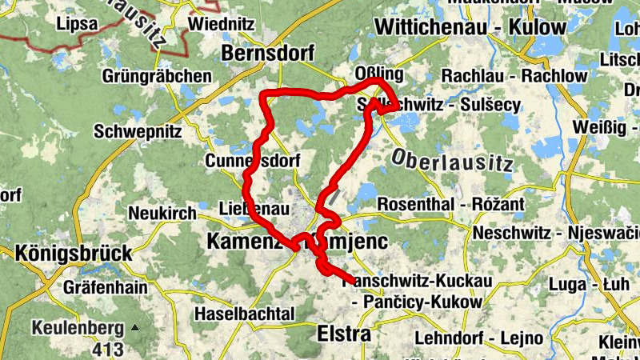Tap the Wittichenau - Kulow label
pyautogui.click(x=470, y=26)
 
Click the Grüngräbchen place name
pyautogui.click(x=157, y=77)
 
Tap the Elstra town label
pyautogui.click(x=344, y=333)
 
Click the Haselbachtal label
pyautogui.click(x=245, y=312)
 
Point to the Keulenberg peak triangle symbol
pyautogui.click(x=135, y=328)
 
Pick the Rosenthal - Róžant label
pyautogui.click(x=450, y=205)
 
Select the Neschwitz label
pyautogui.click(x=512, y=233)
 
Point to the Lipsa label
pyautogui.click(x=77, y=24)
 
